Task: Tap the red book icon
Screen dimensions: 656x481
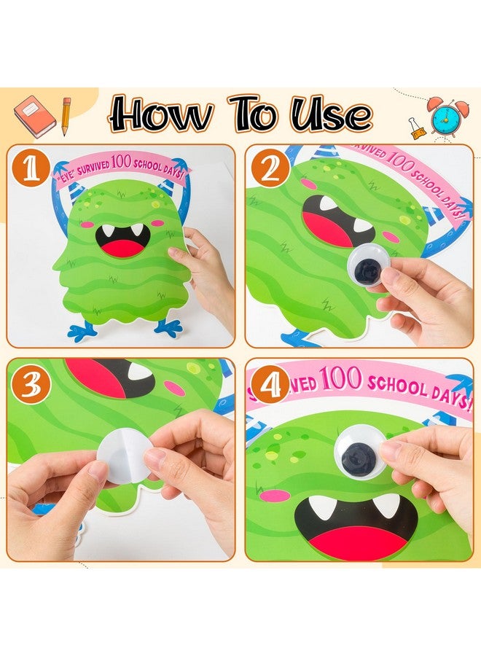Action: coord(34,117)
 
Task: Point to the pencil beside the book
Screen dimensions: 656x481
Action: coord(66,115)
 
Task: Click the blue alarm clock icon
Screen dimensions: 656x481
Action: coord(447,116)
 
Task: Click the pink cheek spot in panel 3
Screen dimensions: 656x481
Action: coord(175,388)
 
